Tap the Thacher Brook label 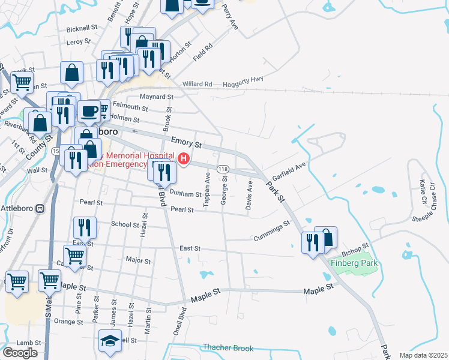[228, 348]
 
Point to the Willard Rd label [197, 84]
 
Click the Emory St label [185, 143]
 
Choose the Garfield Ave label [289, 171]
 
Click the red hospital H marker [184, 159]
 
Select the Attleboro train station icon [40, 208]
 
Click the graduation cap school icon [110, 341]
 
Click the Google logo [20, 353]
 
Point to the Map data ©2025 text [424, 355]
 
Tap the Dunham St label [185, 194]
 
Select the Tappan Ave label [207, 191]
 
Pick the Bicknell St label [82, 28]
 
